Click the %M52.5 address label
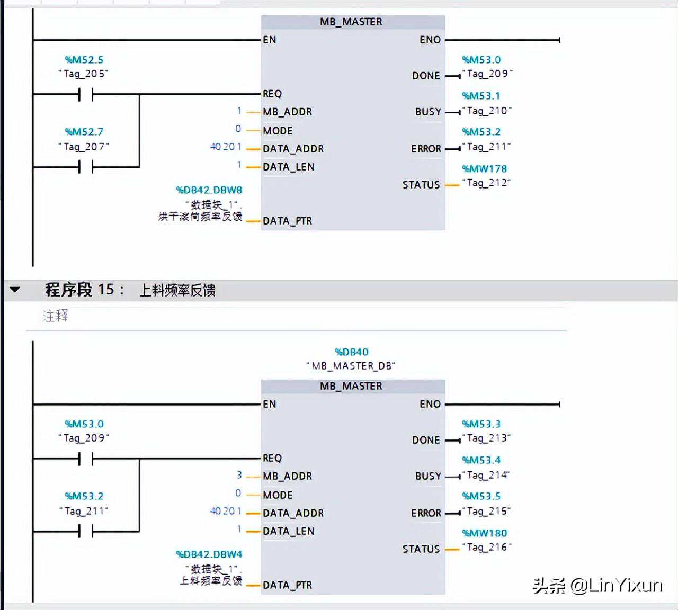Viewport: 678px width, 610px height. click(x=84, y=60)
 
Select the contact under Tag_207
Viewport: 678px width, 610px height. click(x=86, y=167)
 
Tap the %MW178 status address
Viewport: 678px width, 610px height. click(x=484, y=169)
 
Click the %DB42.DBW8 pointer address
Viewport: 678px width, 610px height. click(x=209, y=190)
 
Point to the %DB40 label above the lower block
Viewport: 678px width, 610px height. click(x=351, y=352)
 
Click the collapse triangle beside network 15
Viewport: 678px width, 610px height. click(x=15, y=290)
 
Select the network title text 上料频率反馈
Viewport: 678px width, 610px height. click(x=177, y=290)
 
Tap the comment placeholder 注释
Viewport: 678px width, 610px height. click(x=56, y=316)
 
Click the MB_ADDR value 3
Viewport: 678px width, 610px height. click(x=239, y=476)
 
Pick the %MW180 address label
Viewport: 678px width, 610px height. click(x=484, y=533)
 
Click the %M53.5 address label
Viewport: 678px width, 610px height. click(x=481, y=496)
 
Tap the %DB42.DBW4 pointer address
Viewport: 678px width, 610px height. click(x=209, y=554)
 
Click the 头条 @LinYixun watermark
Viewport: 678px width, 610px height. click(x=597, y=585)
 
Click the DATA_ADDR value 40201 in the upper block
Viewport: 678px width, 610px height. click(x=226, y=147)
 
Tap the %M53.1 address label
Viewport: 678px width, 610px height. click(x=481, y=96)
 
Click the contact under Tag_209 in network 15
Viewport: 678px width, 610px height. click(x=86, y=459)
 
